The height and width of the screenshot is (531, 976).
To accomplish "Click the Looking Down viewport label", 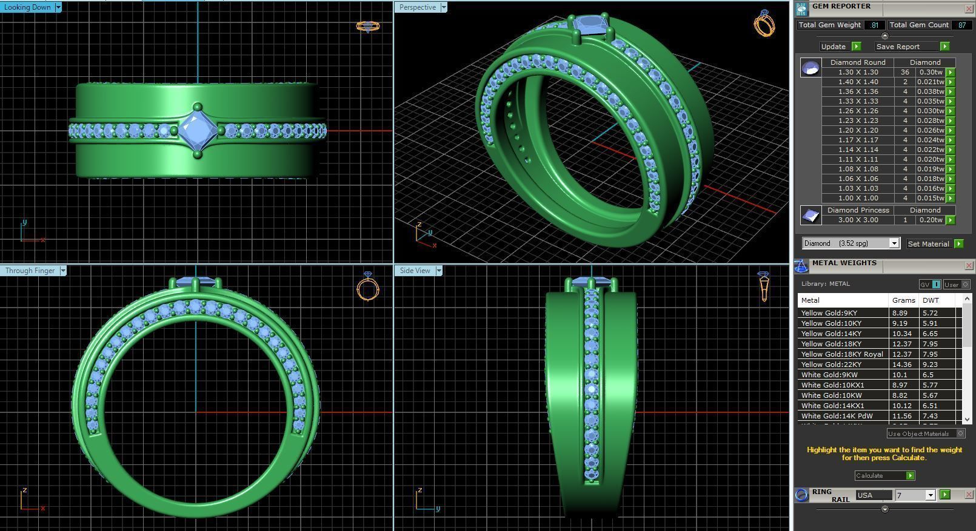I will [x=27, y=7].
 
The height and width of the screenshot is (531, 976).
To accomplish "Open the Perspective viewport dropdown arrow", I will [x=444, y=7].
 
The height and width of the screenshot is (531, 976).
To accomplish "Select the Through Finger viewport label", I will [x=30, y=271].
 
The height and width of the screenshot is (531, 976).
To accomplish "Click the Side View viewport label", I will [x=415, y=271].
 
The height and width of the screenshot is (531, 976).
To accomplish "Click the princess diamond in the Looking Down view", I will [x=198, y=130].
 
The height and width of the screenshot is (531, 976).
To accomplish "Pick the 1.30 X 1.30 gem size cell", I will [x=858, y=72].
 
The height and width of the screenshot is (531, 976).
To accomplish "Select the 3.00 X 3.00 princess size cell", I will [x=858, y=220].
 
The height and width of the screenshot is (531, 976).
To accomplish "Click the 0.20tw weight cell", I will [x=931, y=220].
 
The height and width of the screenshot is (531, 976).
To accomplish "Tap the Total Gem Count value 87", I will [x=961, y=25].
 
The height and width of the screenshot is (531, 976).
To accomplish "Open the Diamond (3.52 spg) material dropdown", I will [x=894, y=243].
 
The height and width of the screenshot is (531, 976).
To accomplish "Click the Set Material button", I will [x=928, y=244].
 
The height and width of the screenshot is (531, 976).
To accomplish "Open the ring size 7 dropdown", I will [x=930, y=495].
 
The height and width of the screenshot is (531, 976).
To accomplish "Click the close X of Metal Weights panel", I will [x=969, y=266].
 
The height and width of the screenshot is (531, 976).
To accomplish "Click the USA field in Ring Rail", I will [x=873, y=495].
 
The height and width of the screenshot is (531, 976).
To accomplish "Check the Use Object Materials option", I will [x=960, y=434].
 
